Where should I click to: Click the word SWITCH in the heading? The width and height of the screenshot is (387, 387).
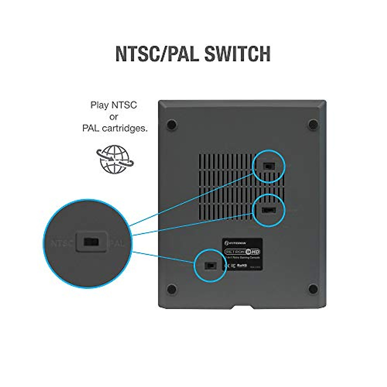237,54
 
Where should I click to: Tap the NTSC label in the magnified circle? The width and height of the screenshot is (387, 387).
62,243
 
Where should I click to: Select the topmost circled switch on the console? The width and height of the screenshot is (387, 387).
269,166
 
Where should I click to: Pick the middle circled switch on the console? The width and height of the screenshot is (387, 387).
269,210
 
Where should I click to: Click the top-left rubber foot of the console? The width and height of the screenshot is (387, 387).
172,124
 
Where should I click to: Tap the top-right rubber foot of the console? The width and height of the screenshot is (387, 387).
313,124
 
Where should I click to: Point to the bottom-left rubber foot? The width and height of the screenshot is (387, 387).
172,289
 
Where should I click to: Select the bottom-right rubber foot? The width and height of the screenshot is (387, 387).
313,289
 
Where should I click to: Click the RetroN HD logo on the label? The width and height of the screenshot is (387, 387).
243,252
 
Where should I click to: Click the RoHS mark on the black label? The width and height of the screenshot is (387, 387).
242,265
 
